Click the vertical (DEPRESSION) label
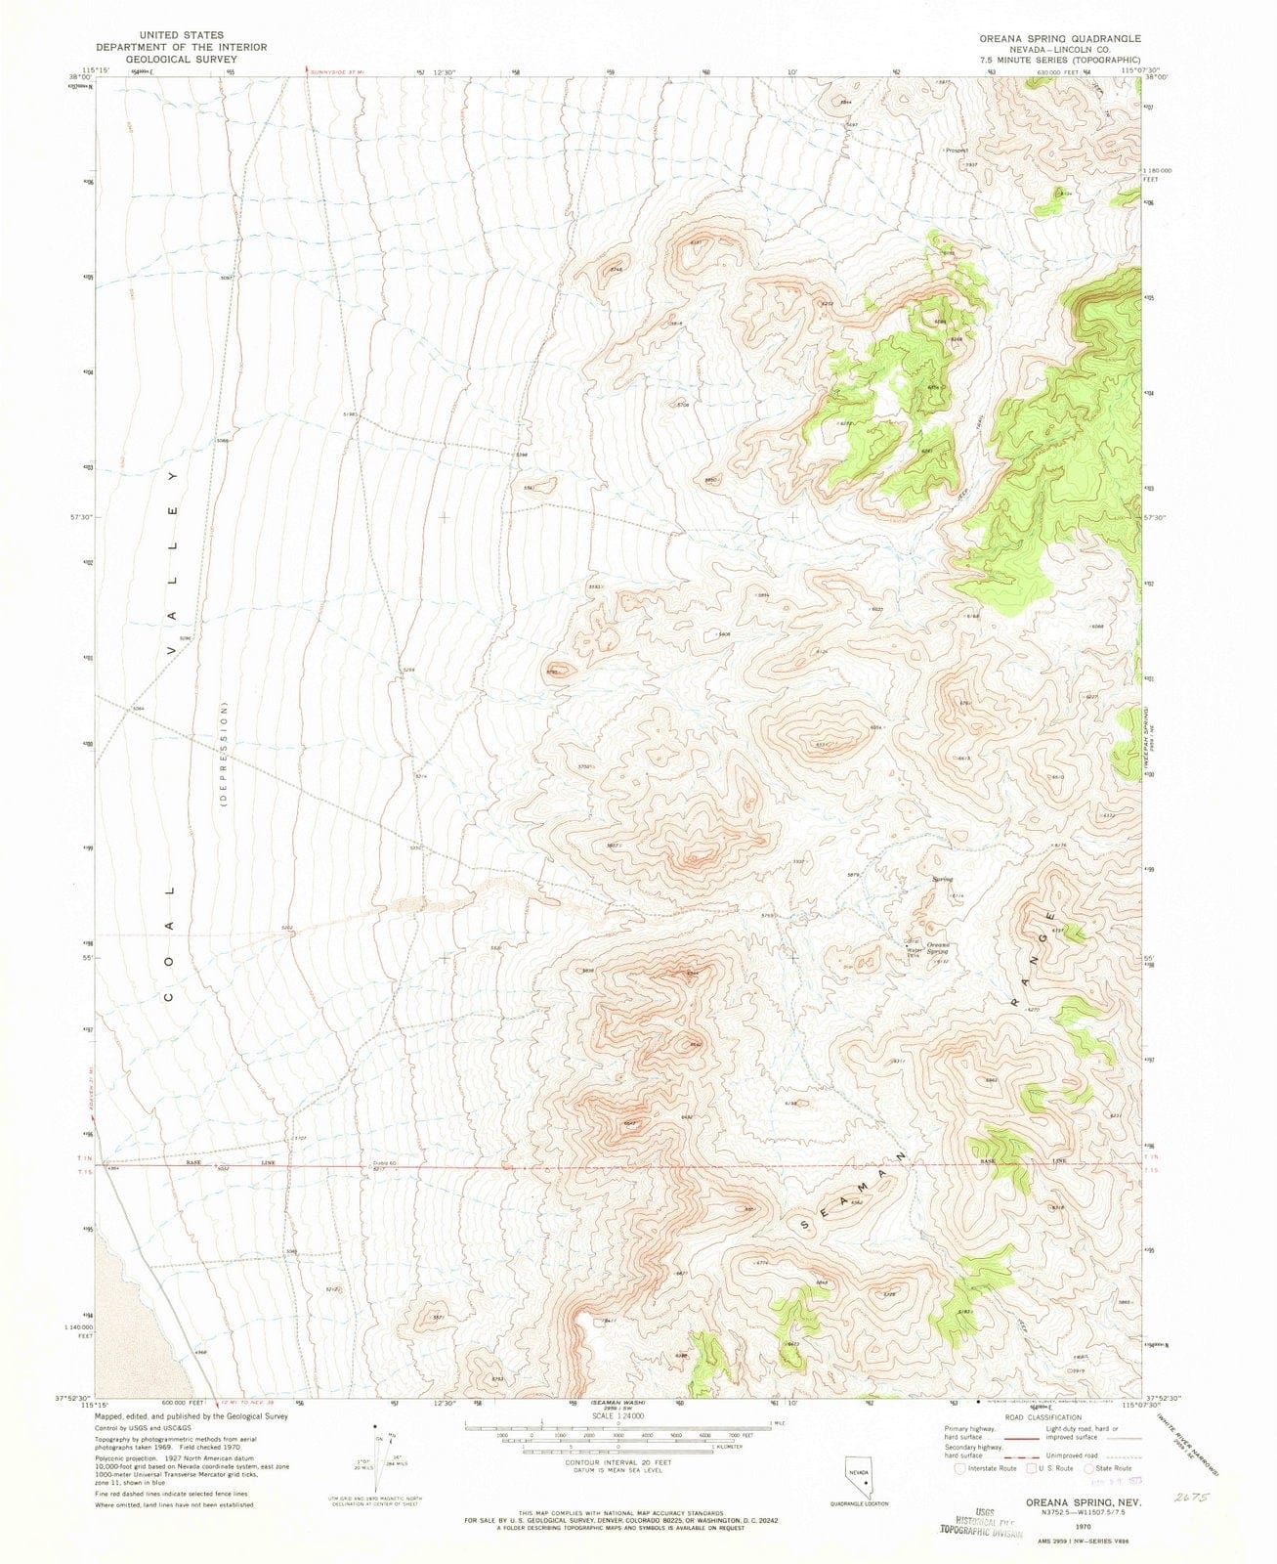point(223,753)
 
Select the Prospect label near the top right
point(957,151)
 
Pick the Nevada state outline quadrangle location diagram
point(860,1475)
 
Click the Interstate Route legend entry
point(990,1467)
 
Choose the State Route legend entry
point(1109,1467)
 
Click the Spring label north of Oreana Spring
point(942,879)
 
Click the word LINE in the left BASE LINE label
point(268,1163)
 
